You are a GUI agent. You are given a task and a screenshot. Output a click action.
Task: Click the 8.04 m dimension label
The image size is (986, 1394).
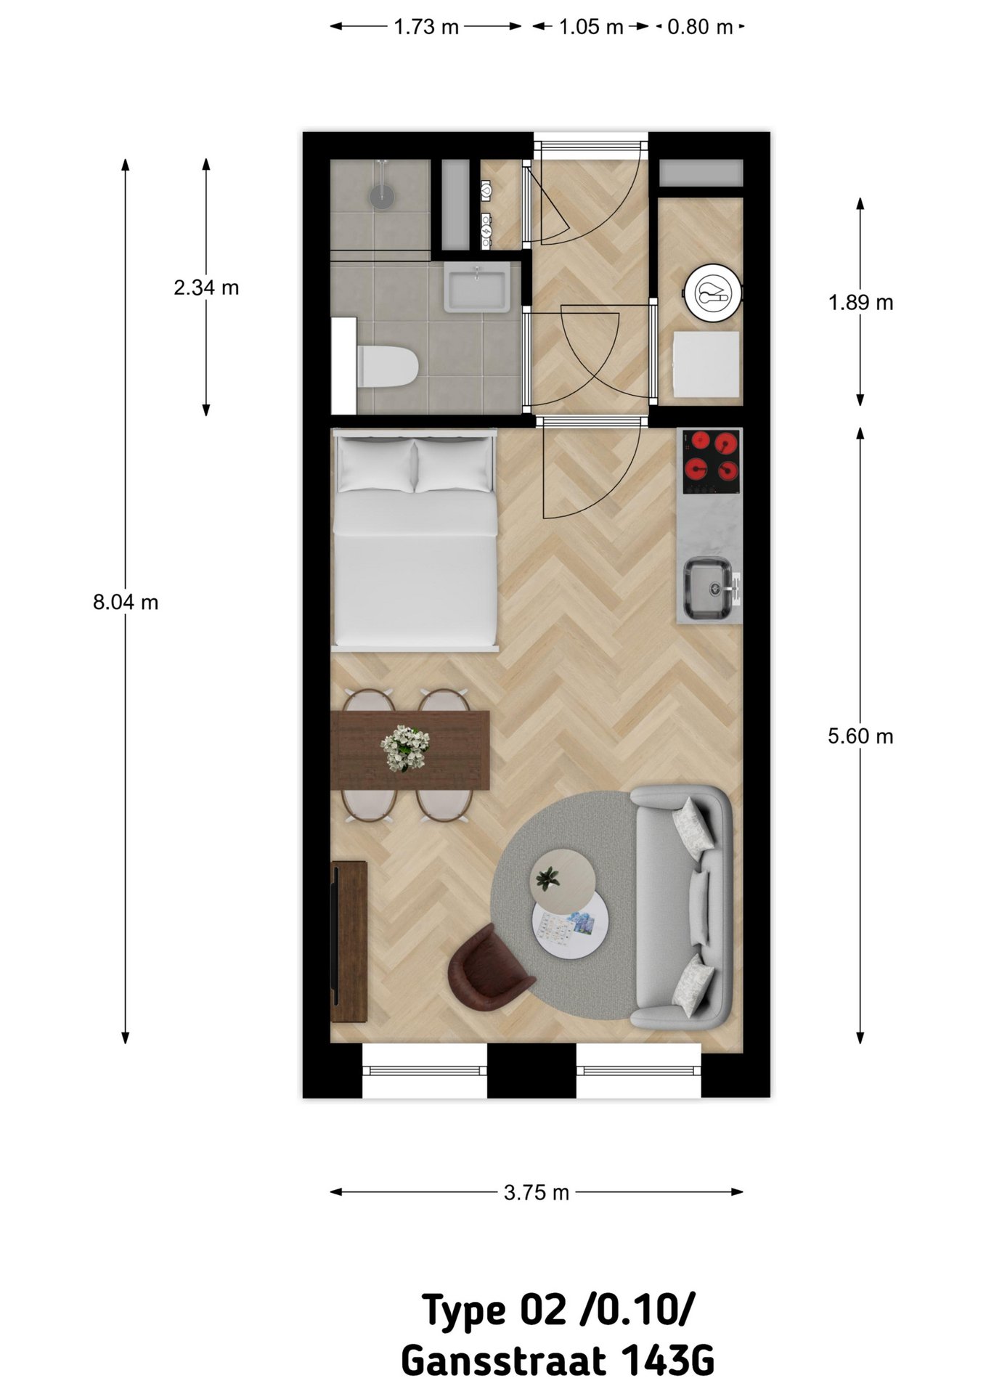(x=126, y=603)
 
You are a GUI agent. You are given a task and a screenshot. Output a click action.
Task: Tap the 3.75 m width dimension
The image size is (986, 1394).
(x=537, y=1192)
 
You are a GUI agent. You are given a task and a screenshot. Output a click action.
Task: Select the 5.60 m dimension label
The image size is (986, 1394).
(x=860, y=736)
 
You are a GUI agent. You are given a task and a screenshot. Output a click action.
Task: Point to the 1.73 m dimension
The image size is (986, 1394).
(x=426, y=27)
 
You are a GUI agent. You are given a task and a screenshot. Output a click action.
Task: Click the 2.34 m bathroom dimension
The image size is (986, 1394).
(x=206, y=288)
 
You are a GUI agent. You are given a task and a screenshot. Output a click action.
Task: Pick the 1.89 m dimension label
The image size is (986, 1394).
(x=860, y=302)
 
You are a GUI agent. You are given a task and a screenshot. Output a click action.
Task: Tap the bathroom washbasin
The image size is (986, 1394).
(x=476, y=287)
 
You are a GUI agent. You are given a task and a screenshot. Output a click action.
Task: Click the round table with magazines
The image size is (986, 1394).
(x=571, y=924)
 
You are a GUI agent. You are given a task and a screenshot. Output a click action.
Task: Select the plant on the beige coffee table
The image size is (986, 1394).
(x=546, y=879)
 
